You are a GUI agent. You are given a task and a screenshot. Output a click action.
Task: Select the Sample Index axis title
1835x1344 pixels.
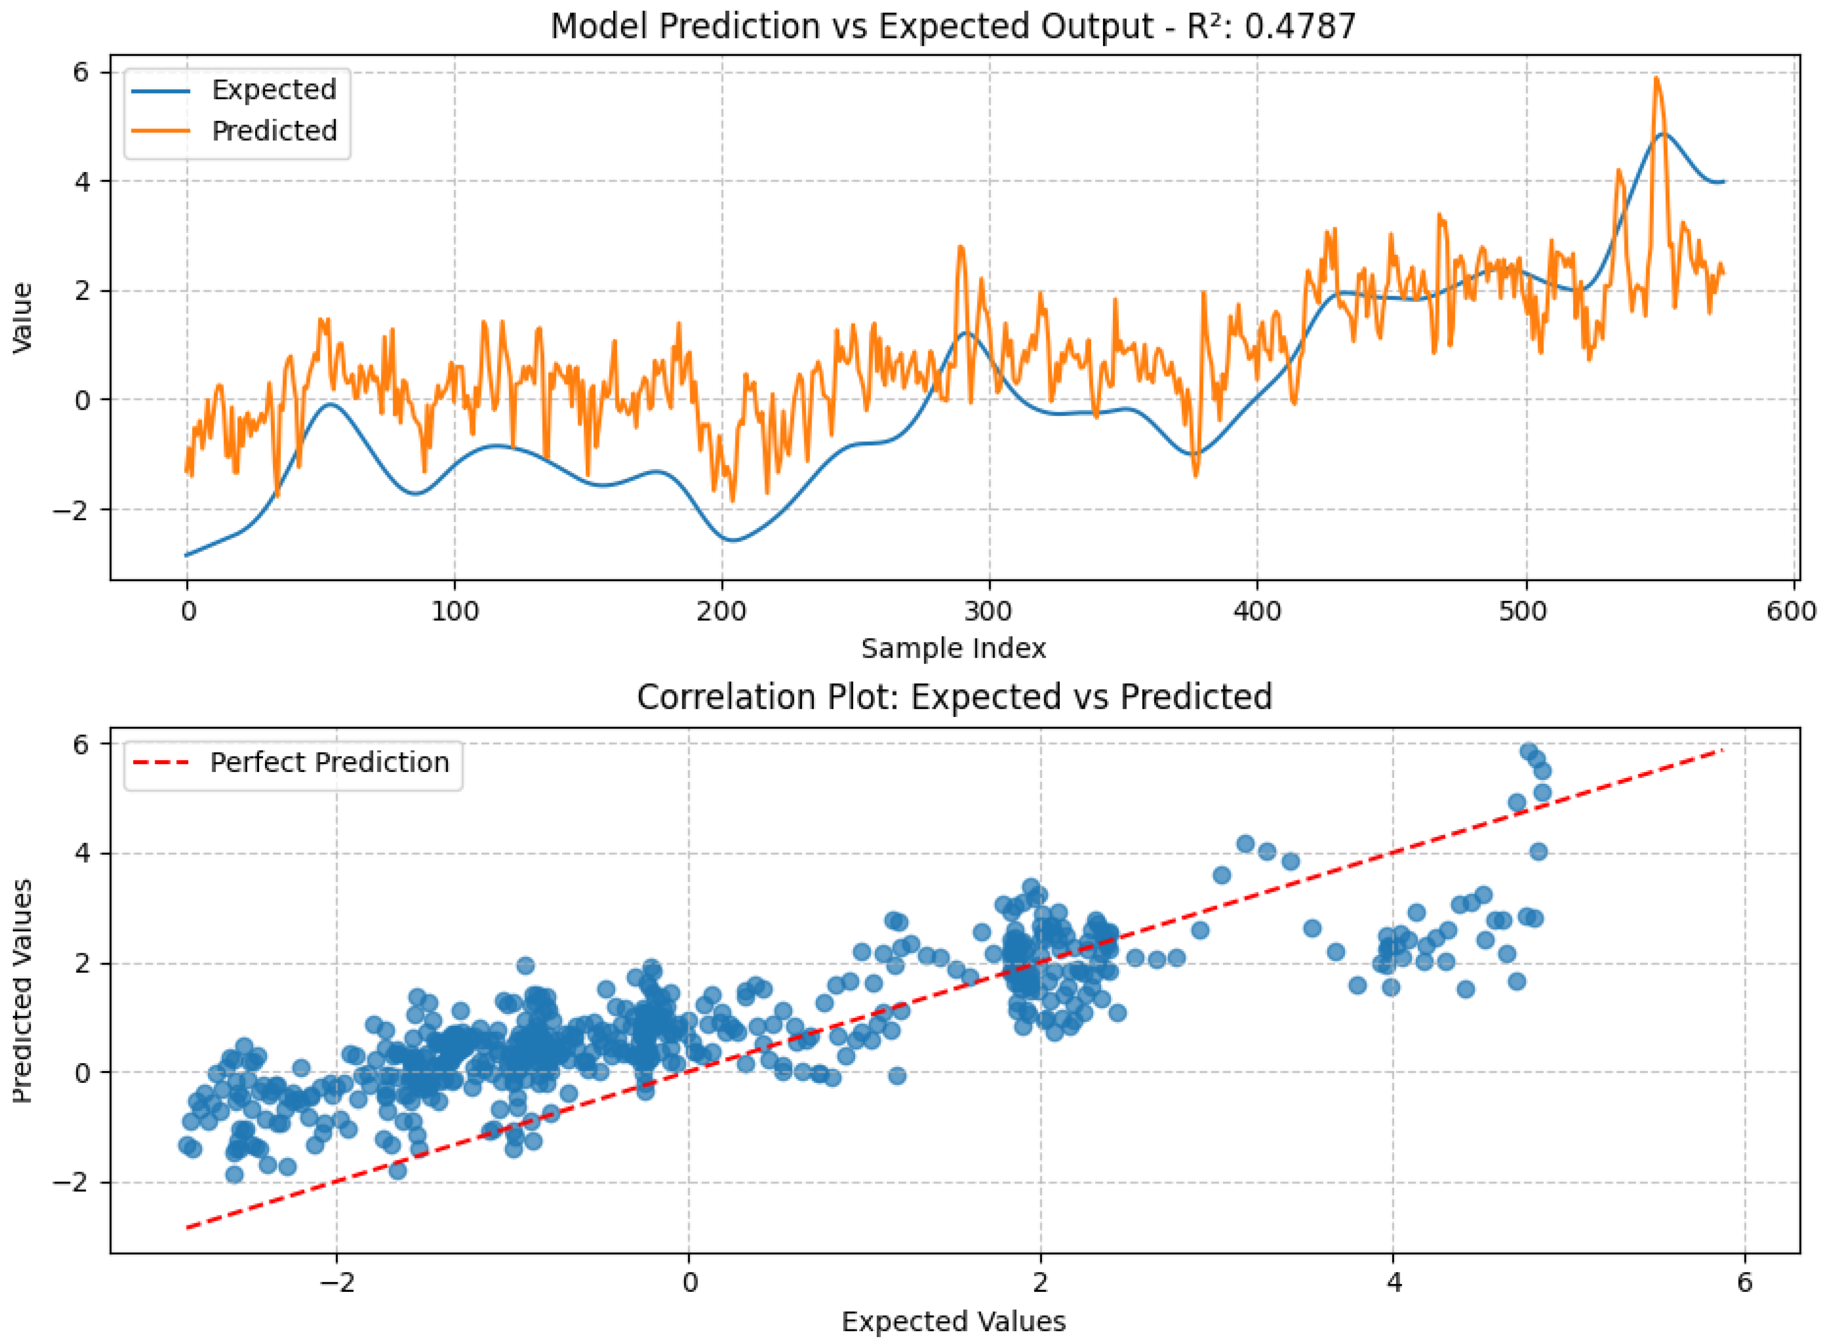pos(953,648)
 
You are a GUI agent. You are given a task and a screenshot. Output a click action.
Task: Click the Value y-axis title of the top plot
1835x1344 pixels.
pos(23,317)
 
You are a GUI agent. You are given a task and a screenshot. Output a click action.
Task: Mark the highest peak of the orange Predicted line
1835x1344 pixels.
pos(1655,78)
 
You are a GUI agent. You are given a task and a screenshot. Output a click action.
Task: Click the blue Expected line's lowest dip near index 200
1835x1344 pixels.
pos(733,540)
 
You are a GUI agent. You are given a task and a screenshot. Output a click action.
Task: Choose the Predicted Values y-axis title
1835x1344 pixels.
pos(23,990)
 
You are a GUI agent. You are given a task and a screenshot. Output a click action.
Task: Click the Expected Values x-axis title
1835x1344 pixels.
pos(953,1322)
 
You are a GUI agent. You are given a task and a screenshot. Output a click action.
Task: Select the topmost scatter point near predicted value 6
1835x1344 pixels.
pos(1529,751)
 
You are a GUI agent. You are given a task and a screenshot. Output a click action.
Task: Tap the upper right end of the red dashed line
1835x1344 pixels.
pos(1723,750)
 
